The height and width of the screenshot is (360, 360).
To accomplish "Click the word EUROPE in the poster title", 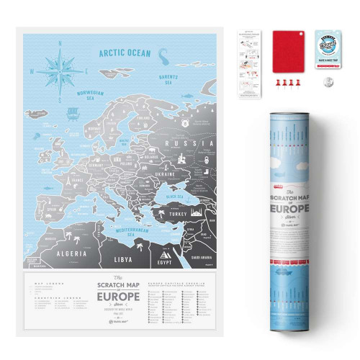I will tap(120, 297).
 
